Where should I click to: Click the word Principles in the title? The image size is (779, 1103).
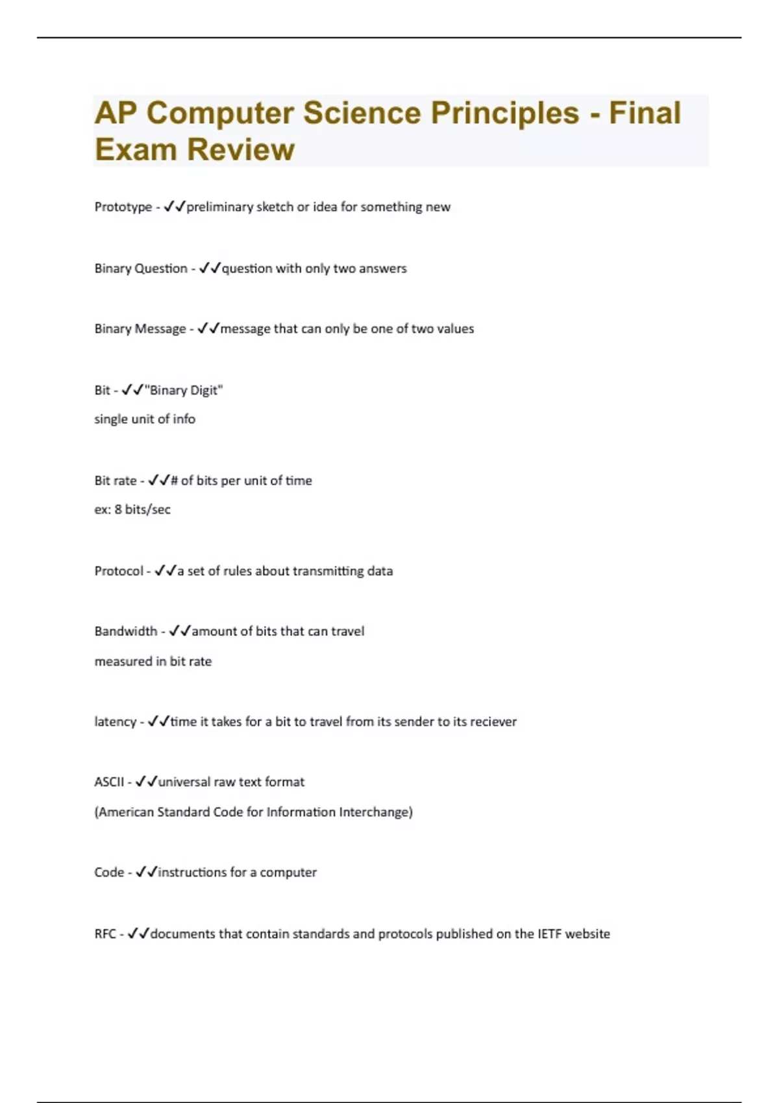(504, 113)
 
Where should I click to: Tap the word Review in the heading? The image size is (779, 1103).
(240, 150)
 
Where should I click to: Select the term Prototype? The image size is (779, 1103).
(123, 207)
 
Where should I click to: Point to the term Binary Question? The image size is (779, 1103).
(140, 269)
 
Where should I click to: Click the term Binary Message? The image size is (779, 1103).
(140, 329)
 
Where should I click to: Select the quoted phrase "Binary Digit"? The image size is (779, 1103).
(184, 391)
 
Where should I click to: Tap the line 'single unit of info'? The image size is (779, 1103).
(145, 419)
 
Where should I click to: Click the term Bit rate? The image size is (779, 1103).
(116, 481)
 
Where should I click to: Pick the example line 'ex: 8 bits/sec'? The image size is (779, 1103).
(132, 510)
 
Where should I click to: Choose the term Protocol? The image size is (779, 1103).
(119, 571)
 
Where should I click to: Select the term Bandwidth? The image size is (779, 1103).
(125, 631)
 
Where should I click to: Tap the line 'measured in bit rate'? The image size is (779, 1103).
(153, 661)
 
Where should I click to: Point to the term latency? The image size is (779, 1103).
(115, 721)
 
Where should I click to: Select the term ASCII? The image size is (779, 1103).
(108, 782)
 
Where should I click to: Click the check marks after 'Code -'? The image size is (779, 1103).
(147, 873)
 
